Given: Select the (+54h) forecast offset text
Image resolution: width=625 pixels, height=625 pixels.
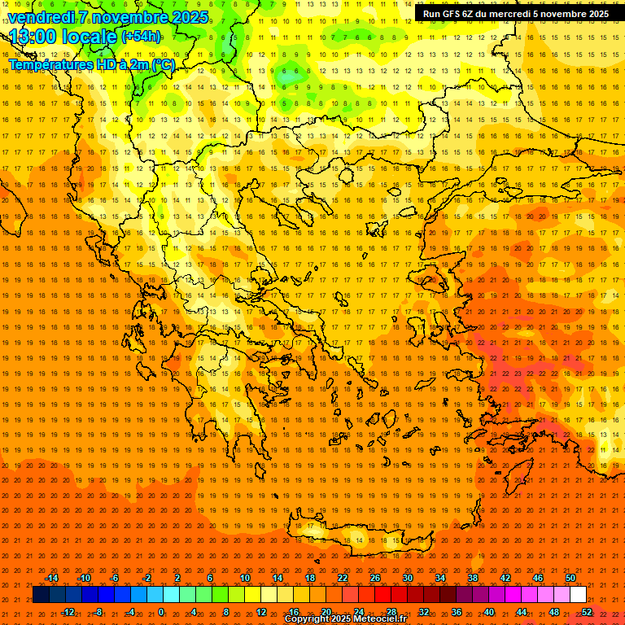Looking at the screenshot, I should coord(140,37).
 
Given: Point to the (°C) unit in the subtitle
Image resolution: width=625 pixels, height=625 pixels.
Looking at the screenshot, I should coord(162,65).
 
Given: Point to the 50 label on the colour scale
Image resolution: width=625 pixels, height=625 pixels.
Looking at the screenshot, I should coord(570,578).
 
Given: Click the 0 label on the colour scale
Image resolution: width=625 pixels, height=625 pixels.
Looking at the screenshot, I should coord(161,612).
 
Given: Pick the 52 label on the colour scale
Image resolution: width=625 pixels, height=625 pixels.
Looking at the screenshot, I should coord(587,612).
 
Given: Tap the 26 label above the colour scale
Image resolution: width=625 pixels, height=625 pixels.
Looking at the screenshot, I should coord(375,578).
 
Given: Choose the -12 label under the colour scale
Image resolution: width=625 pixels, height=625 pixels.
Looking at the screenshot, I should coord(68,612).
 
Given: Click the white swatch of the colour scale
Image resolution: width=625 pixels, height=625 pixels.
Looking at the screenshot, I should coord(579,595).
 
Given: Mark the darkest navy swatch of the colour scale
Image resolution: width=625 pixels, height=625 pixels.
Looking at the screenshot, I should coord(41,595).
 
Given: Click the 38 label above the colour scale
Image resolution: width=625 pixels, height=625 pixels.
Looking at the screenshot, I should coord(473,578).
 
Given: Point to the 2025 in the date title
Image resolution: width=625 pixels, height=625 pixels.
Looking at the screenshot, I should coord(190,17).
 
